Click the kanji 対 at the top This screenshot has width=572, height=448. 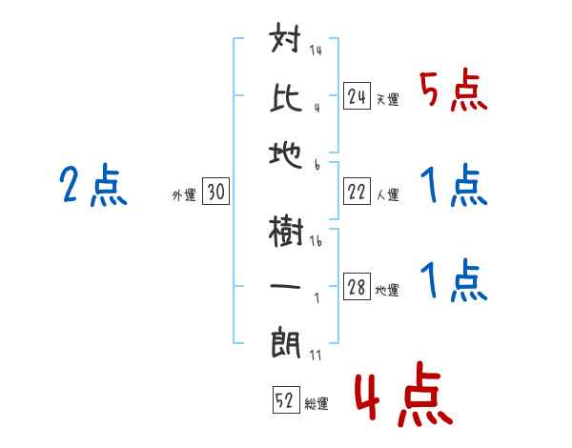coord(288,42)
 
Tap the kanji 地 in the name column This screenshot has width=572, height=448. coord(288,152)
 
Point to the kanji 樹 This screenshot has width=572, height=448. coord(288,232)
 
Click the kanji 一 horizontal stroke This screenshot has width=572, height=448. coord(288,287)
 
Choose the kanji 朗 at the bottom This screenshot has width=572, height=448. coord(288,341)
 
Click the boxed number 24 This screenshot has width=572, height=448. coord(357,96)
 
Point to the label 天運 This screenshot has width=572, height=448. coord(387,99)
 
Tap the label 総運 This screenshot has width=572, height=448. coord(317,403)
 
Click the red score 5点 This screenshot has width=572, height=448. coord(453,92)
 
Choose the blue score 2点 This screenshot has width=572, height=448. coord(92,186)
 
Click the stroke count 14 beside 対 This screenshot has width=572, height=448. coord(315,51)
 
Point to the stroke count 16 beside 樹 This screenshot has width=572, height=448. coord(316,242)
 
